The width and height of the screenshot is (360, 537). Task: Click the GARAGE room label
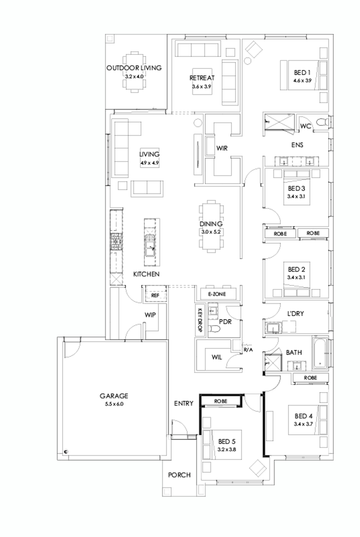tap(114, 396)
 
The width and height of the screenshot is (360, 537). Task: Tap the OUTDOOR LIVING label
tap(134, 68)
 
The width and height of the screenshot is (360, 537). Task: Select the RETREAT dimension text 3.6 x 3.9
tap(202, 87)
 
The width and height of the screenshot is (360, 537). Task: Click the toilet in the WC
tap(322, 123)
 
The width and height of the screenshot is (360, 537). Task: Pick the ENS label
tap(297, 145)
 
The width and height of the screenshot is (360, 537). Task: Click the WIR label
tap(222, 148)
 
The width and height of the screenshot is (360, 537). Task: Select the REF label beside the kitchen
tap(154, 295)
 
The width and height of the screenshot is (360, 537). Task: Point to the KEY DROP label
tap(200, 319)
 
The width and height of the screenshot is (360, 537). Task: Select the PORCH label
tap(179, 475)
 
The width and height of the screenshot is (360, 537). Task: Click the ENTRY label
tap(184, 403)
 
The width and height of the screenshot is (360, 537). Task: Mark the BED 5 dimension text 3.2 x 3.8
tap(226, 449)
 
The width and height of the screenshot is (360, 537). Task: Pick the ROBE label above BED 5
tap(221, 400)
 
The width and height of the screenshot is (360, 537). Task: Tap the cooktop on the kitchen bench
tap(116, 242)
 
